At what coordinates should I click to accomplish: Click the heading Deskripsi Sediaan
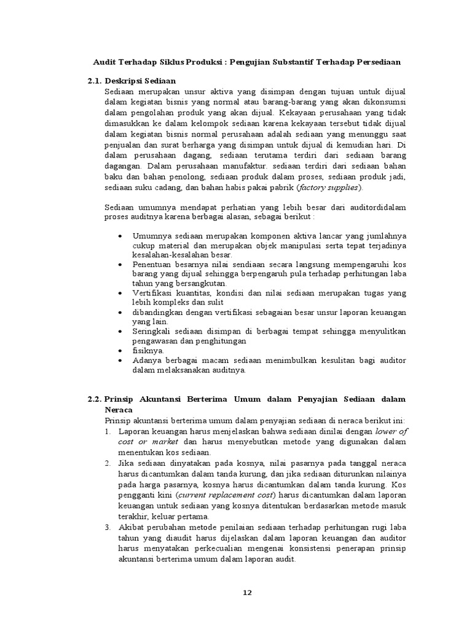141,81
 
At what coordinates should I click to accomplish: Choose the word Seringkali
154,331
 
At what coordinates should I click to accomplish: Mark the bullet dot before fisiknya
119,350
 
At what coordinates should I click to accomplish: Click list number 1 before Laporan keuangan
107,432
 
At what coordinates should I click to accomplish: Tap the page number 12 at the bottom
247,593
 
